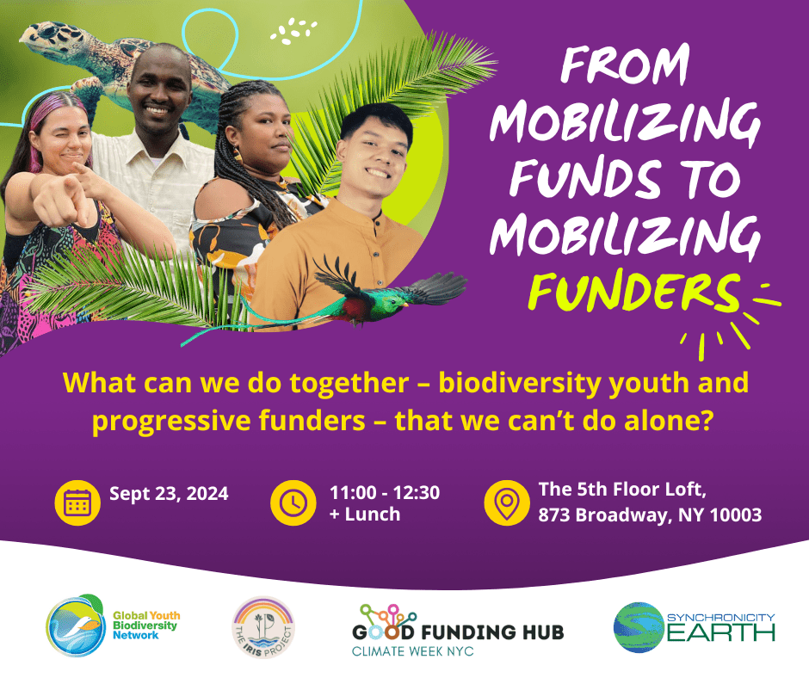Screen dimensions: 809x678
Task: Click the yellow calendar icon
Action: point(77,503)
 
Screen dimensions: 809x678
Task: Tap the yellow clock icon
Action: point(293,503)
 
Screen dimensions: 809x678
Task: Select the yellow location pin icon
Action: point(507,503)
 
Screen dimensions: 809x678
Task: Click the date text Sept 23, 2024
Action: point(169,494)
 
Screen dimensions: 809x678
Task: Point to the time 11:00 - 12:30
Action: point(385,492)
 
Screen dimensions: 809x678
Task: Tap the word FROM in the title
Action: point(625,66)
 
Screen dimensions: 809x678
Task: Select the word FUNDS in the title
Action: point(585,178)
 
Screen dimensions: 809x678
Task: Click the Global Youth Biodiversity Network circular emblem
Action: point(76,626)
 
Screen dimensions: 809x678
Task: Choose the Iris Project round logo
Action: point(263,627)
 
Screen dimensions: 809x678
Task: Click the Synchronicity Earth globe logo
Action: point(639,627)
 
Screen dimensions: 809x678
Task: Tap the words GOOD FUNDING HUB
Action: point(458,632)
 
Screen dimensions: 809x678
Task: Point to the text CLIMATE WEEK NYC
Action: point(412,651)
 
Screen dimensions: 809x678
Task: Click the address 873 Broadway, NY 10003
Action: point(650,515)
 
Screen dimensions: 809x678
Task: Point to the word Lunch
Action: point(373,515)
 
